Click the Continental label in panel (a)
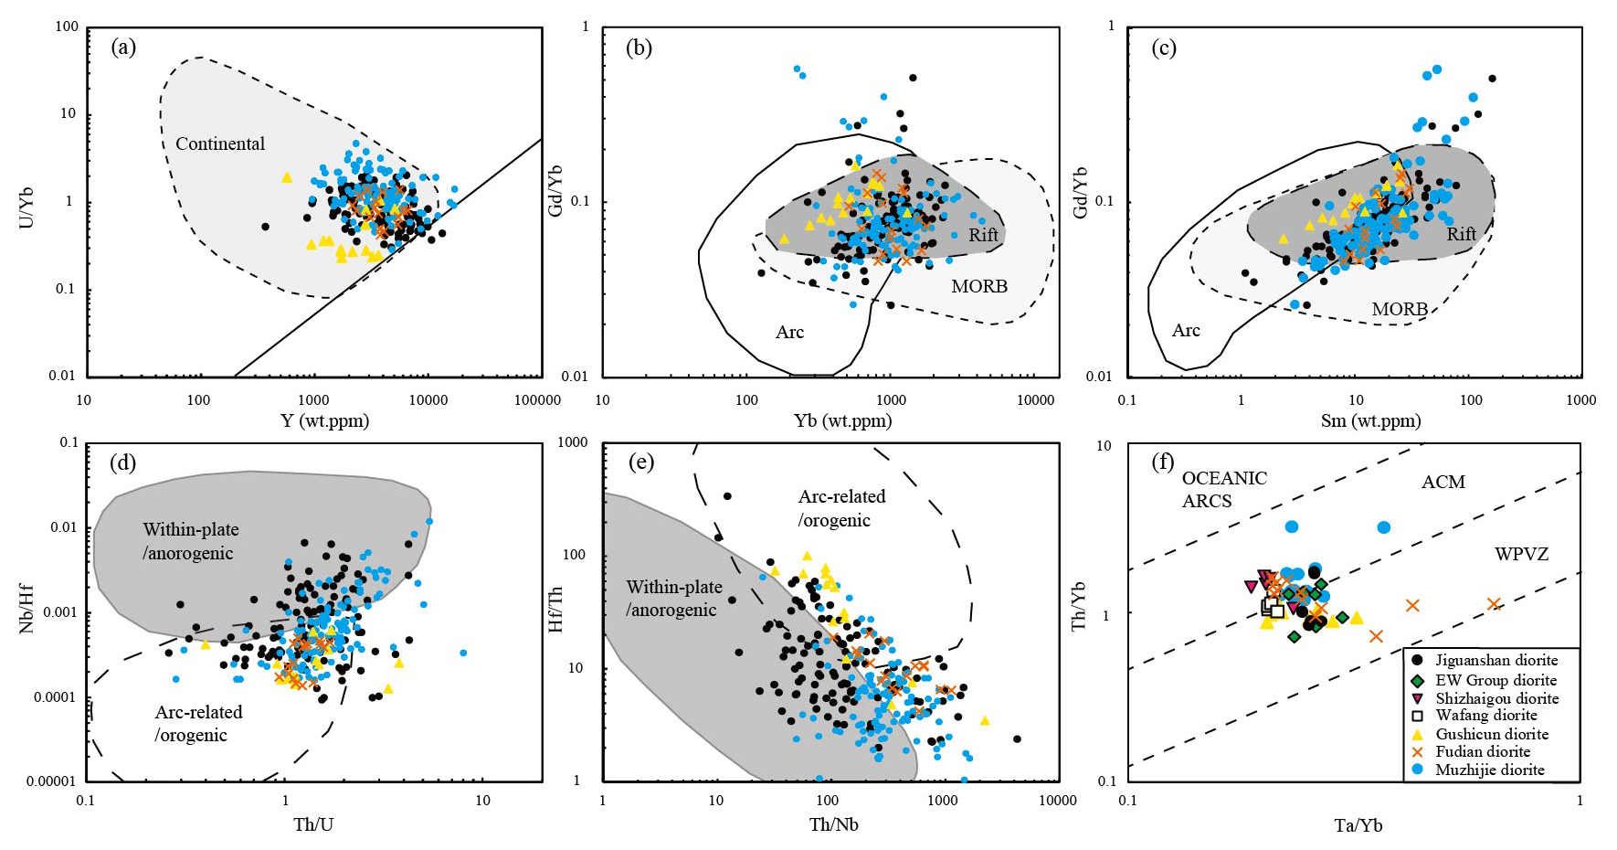[x=220, y=143]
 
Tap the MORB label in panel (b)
[x=979, y=286]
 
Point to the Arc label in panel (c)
[x=1186, y=330]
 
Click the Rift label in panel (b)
[x=983, y=235]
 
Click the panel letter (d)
[x=122, y=462]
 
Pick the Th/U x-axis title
[x=313, y=824]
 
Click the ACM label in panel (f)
[x=1443, y=482]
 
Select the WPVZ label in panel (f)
[x=1521, y=554]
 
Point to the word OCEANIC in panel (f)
[x=1224, y=478]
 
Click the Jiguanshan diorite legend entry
[x=1496, y=660]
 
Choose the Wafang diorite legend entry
[x=1486, y=715]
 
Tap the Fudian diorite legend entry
[x=1483, y=751]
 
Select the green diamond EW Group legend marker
[x=1417, y=680]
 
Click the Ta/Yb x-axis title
[x=1358, y=825]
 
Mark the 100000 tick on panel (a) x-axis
[x=537, y=399]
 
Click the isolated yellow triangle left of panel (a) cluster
[x=287, y=177]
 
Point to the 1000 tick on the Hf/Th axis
[x=573, y=442]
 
